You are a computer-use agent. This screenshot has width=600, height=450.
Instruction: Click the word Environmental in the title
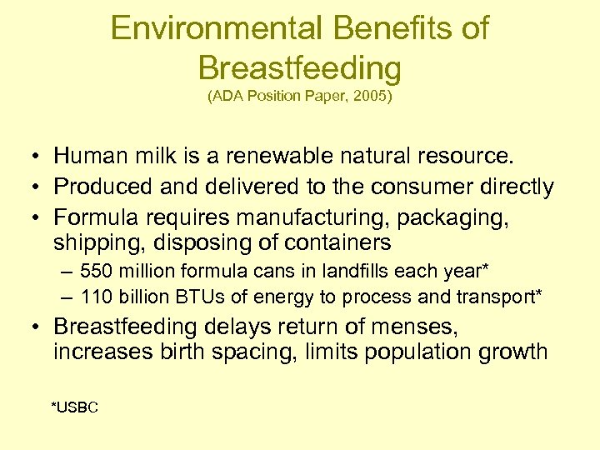click(x=216, y=29)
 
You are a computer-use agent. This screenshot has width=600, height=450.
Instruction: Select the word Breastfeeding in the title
click(x=300, y=67)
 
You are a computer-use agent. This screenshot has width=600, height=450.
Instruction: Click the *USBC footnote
click(x=75, y=407)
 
